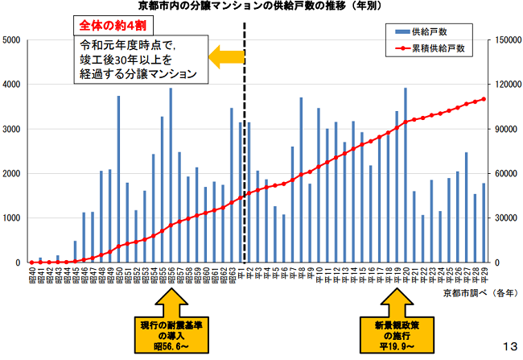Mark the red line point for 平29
[484, 100]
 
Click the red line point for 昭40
[31, 262]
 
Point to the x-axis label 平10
[318, 278]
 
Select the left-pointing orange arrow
[226, 56]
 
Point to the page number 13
[509, 346]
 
